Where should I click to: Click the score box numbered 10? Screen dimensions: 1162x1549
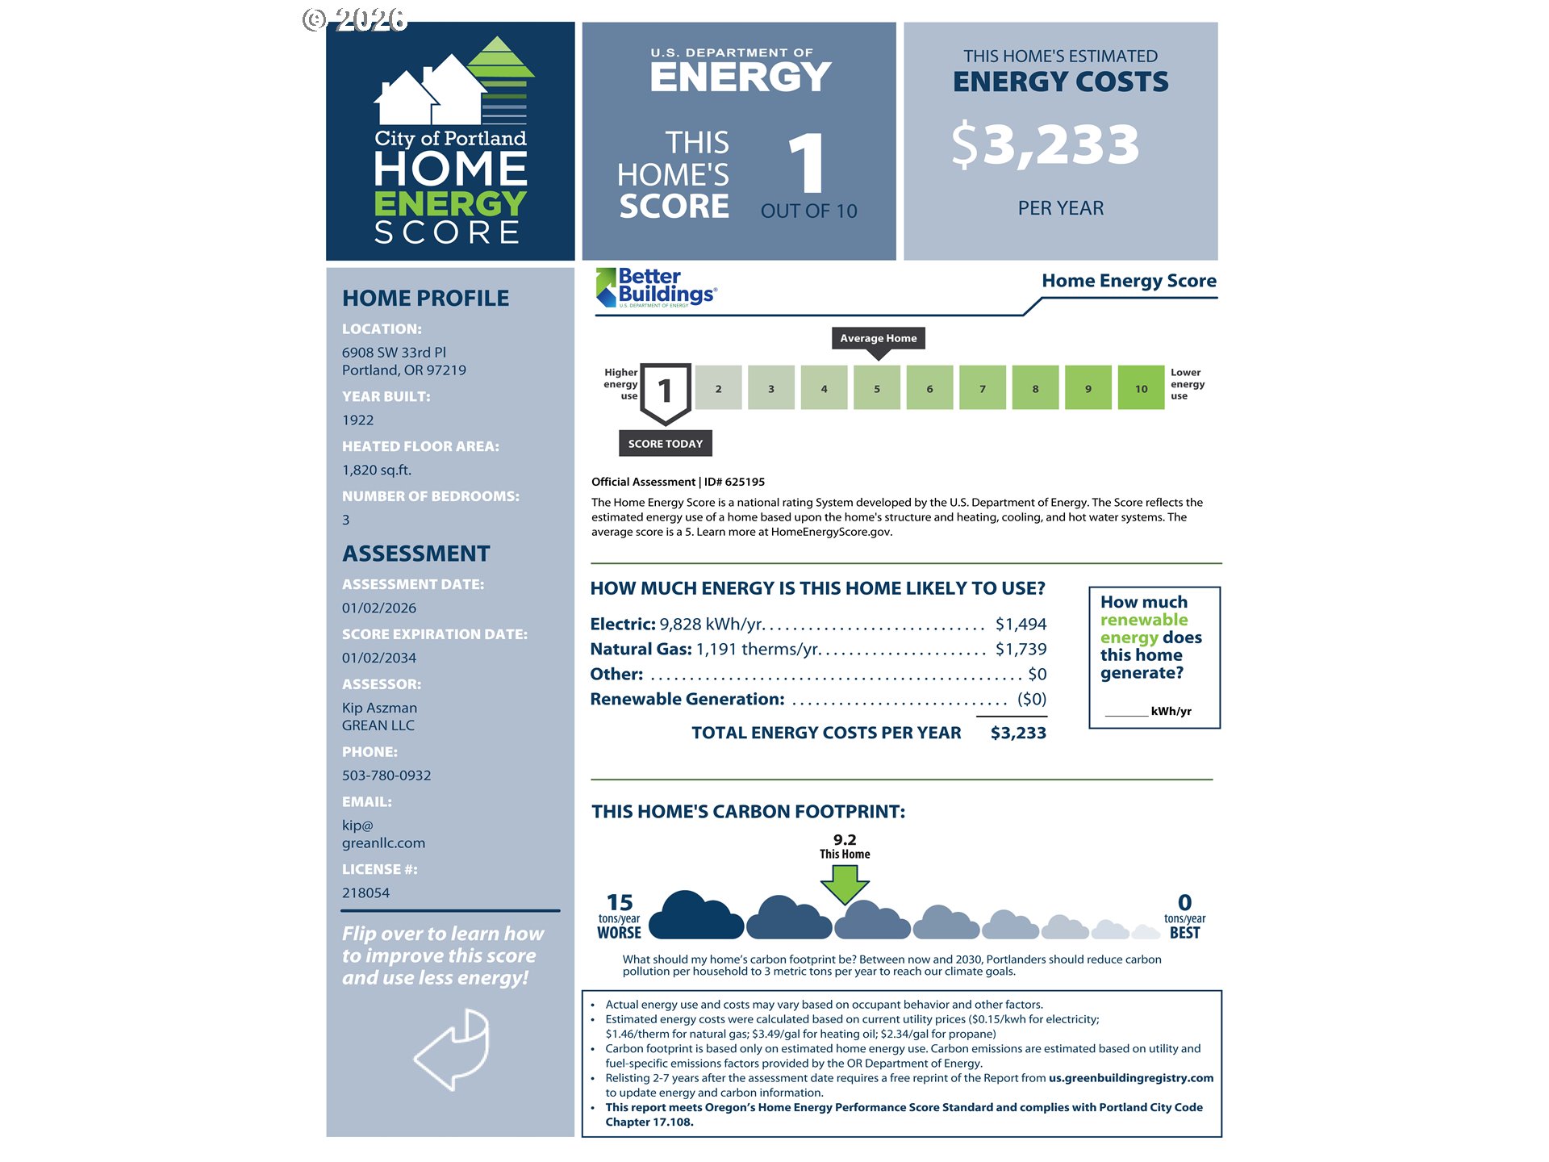[1141, 388]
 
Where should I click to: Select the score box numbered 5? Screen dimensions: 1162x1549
[877, 388]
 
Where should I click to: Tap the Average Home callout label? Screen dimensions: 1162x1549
[878, 338]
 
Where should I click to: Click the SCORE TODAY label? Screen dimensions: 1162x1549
[665, 444]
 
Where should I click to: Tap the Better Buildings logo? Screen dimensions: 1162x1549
[656, 287]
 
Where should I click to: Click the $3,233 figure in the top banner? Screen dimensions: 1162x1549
[1046, 145]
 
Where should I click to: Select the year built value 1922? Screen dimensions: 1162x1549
[357, 420]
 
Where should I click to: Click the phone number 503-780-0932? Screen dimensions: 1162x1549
[386, 775]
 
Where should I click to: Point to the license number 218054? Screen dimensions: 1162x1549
[365, 893]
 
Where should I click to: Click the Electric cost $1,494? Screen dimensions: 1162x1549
[1021, 625]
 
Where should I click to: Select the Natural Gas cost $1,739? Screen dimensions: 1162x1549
[1021, 650]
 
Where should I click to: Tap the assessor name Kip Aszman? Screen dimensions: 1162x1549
[379, 708]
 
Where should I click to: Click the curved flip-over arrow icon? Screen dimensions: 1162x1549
[453, 1049]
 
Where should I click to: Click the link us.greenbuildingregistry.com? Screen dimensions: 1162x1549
[1130, 1078]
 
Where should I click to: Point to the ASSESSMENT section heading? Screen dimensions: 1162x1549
[415, 554]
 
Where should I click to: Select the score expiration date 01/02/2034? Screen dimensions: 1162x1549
[379, 658]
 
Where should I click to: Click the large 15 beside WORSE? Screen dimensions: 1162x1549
[620, 902]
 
